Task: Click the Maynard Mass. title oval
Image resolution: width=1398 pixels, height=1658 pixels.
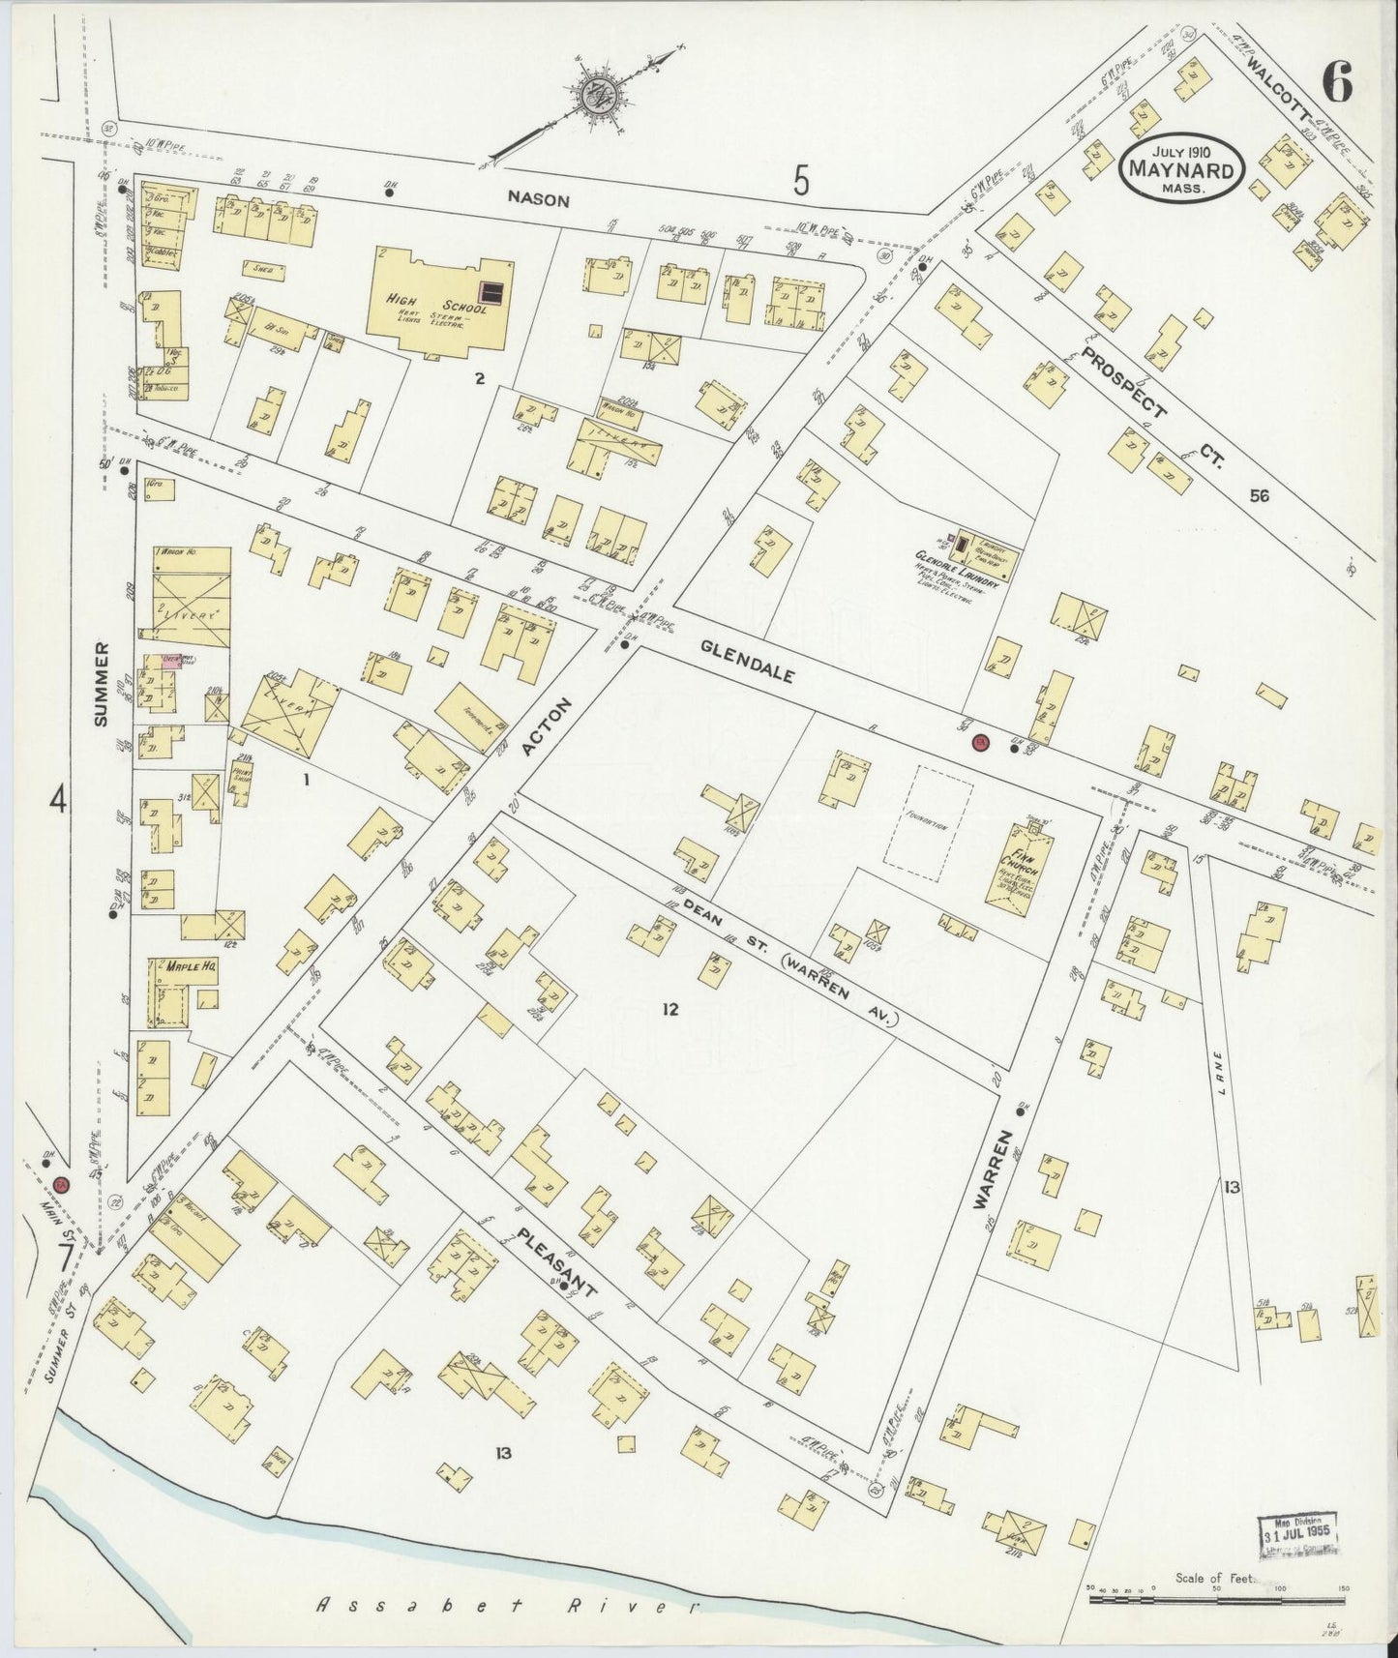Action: (x=1179, y=168)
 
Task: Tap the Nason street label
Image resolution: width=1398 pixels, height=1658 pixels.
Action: (x=539, y=200)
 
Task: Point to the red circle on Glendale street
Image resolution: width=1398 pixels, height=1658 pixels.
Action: (x=978, y=742)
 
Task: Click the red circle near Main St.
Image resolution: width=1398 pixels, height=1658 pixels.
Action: (x=60, y=1184)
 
